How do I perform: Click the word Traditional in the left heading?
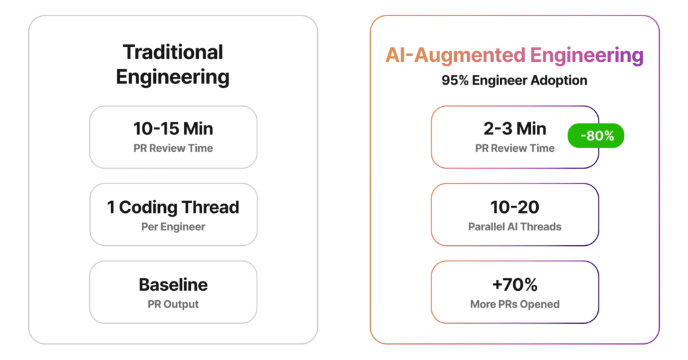pyautogui.click(x=173, y=52)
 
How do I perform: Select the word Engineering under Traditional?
pyautogui.click(x=173, y=76)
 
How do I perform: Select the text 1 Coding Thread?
pyautogui.click(x=173, y=208)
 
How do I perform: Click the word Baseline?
pyautogui.click(x=173, y=285)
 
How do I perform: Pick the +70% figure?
pyautogui.click(x=515, y=285)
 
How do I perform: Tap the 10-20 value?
pyautogui.click(x=515, y=208)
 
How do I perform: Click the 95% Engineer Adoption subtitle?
pyautogui.click(x=515, y=81)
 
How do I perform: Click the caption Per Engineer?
pyautogui.click(x=173, y=227)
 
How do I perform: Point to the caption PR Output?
pyautogui.click(x=173, y=304)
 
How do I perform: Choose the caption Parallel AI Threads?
pyautogui.click(x=515, y=227)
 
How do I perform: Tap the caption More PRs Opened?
pyautogui.click(x=515, y=304)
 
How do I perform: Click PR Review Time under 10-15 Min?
pyautogui.click(x=173, y=148)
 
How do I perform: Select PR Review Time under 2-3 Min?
pyautogui.click(x=515, y=148)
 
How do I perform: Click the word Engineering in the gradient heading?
pyautogui.click(x=587, y=56)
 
